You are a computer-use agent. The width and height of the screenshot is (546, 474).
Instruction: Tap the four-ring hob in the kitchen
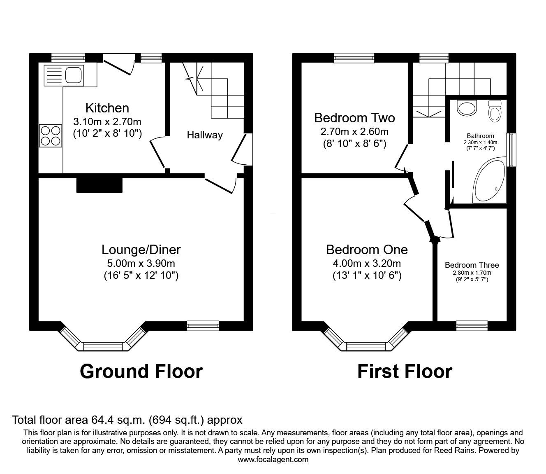point(51,136)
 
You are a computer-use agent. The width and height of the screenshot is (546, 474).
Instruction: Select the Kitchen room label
point(107,108)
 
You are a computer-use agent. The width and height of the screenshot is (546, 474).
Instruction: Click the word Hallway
point(205,135)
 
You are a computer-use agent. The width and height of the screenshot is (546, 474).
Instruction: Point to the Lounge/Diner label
point(141,250)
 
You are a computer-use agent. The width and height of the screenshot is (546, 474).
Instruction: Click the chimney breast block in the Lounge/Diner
point(99,185)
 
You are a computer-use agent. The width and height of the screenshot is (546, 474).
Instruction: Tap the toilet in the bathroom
point(495,111)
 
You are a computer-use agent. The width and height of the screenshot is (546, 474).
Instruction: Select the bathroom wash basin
point(467,108)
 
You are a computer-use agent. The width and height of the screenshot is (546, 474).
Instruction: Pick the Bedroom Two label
point(354,118)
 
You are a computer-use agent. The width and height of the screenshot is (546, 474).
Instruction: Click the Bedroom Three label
point(472,265)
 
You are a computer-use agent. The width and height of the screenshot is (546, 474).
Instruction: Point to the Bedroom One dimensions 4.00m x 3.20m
point(367,263)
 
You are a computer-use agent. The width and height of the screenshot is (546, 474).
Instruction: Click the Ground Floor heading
point(141,371)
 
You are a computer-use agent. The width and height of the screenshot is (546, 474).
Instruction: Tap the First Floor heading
point(405,371)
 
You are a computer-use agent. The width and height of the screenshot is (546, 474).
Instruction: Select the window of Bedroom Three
point(472,326)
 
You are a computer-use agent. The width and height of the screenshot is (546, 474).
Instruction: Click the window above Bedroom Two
point(354,58)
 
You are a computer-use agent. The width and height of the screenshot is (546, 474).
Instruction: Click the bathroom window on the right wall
point(511,150)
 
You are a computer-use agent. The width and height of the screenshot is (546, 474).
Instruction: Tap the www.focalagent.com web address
point(273,459)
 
